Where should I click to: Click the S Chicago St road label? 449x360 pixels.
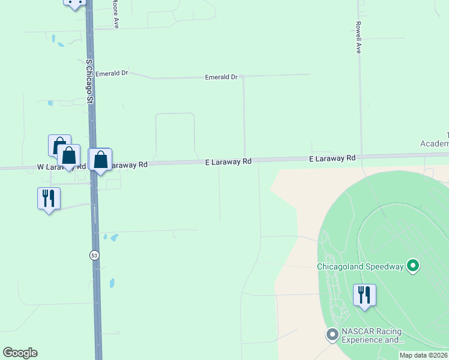(x=90, y=82)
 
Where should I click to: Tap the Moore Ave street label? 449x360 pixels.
(x=115, y=14)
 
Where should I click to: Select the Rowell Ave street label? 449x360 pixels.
(x=358, y=38)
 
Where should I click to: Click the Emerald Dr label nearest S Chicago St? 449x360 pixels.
(x=112, y=73)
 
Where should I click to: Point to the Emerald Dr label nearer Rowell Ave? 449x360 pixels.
(x=221, y=77)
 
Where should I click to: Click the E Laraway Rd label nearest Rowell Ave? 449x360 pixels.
(x=333, y=158)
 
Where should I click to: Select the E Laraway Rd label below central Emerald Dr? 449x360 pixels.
(x=228, y=162)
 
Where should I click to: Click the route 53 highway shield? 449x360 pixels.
(x=94, y=255)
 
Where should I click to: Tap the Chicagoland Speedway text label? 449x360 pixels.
(x=361, y=266)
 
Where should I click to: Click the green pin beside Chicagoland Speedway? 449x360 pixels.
(x=412, y=265)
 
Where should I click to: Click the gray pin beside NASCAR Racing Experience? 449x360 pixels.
(x=333, y=334)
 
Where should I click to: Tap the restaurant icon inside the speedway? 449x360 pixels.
(x=364, y=295)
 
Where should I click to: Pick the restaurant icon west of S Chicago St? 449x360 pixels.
(x=49, y=198)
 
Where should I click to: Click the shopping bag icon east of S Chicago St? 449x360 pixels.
(x=101, y=159)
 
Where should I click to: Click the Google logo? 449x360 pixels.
(x=20, y=353)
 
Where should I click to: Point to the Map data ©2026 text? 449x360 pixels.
(x=424, y=355)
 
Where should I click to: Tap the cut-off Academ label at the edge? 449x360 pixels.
(x=435, y=143)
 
